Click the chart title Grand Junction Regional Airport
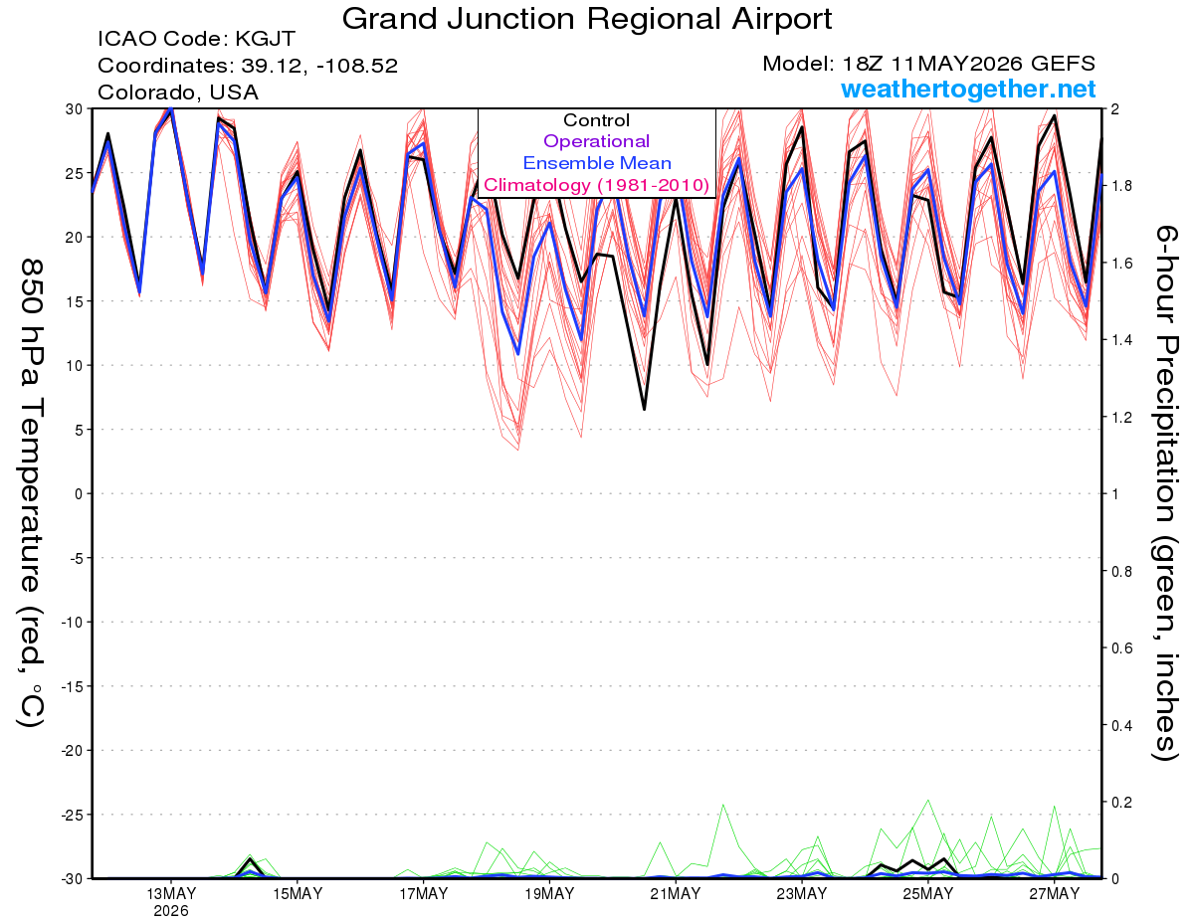click(587, 20)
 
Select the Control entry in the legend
click(596, 120)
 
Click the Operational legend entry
click(596, 141)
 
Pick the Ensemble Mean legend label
click(597, 163)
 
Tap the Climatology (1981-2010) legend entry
click(597, 185)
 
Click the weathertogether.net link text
click(968, 89)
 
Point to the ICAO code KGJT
click(266, 39)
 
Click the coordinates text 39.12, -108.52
click(319, 66)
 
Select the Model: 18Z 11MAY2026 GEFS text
click(928, 64)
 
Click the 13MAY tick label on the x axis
click(171, 894)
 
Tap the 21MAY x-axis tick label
click(676, 894)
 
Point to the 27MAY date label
click(1054, 894)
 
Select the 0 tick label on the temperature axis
click(79, 494)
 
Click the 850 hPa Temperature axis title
click(31, 492)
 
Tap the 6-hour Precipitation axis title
click(1165, 492)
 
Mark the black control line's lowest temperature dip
click(644, 409)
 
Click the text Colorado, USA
click(178, 92)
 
